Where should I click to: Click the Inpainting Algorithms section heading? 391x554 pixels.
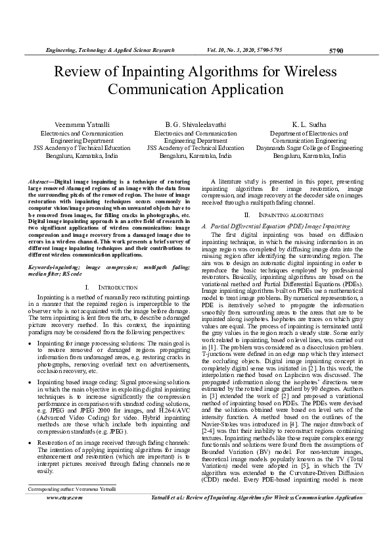pyautogui.click(x=281, y=215)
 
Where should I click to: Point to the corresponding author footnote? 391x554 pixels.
pyautogui.click(x=71, y=526)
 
